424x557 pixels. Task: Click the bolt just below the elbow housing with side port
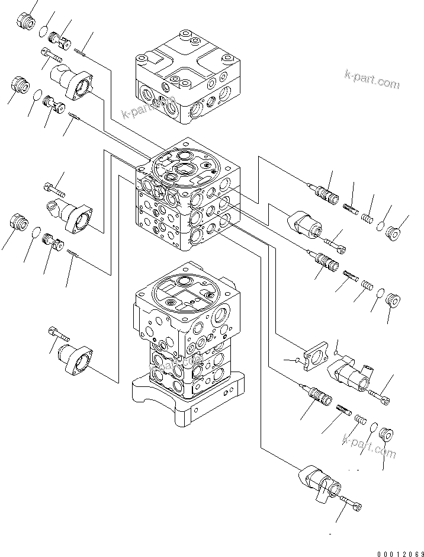(379, 395)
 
